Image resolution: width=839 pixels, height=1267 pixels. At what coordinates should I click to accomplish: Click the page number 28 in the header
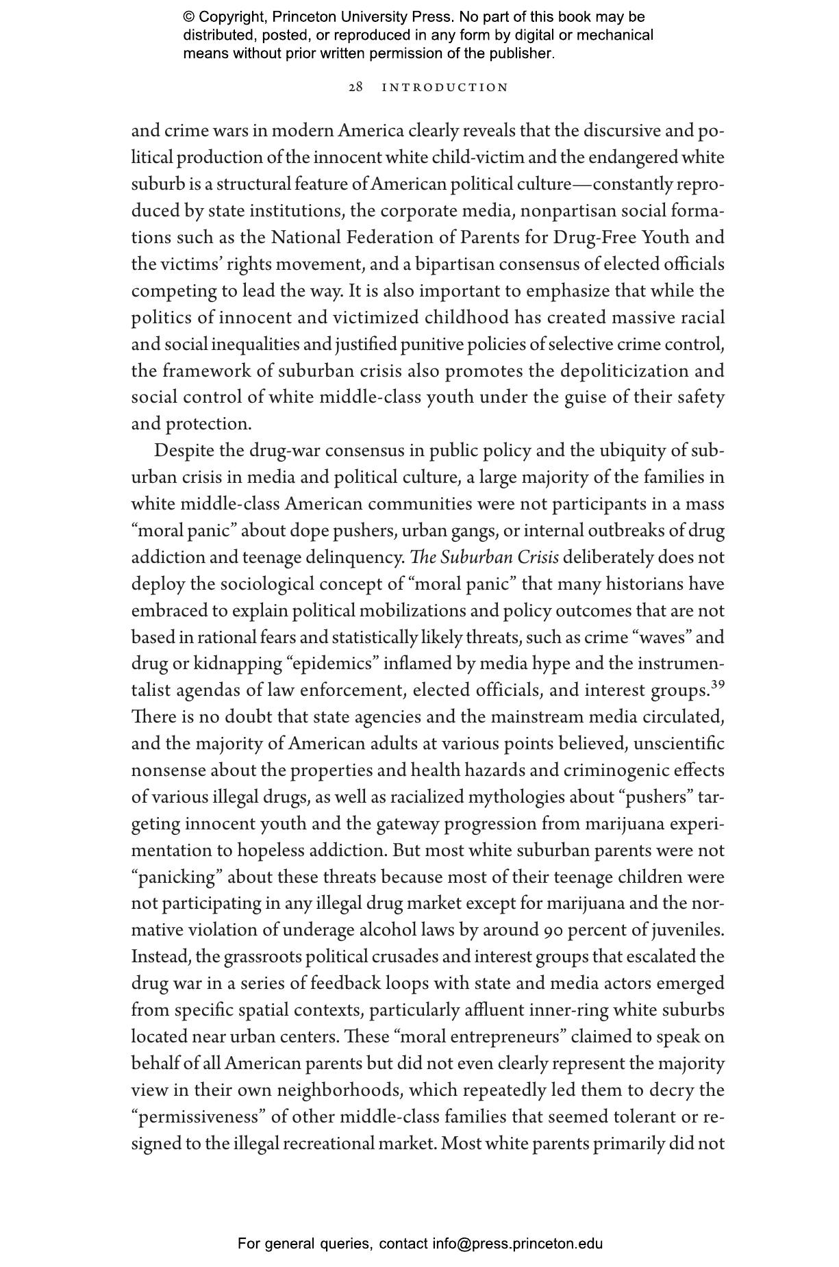click(355, 88)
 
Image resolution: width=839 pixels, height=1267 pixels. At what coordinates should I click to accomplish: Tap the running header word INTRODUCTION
click(445, 88)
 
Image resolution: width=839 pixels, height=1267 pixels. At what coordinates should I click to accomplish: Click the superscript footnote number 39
click(717, 685)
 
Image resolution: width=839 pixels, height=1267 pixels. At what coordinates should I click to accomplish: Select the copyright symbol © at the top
click(189, 17)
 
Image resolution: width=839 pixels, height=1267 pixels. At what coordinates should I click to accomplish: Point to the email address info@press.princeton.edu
click(517, 1244)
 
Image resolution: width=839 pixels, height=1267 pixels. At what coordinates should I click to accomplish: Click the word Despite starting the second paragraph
click(184, 451)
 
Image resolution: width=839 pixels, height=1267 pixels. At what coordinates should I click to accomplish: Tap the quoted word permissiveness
click(202, 1117)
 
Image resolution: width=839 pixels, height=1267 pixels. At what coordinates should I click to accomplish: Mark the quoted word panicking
click(178, 877)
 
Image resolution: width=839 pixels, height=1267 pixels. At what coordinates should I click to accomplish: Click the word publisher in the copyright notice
click(524, 53)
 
